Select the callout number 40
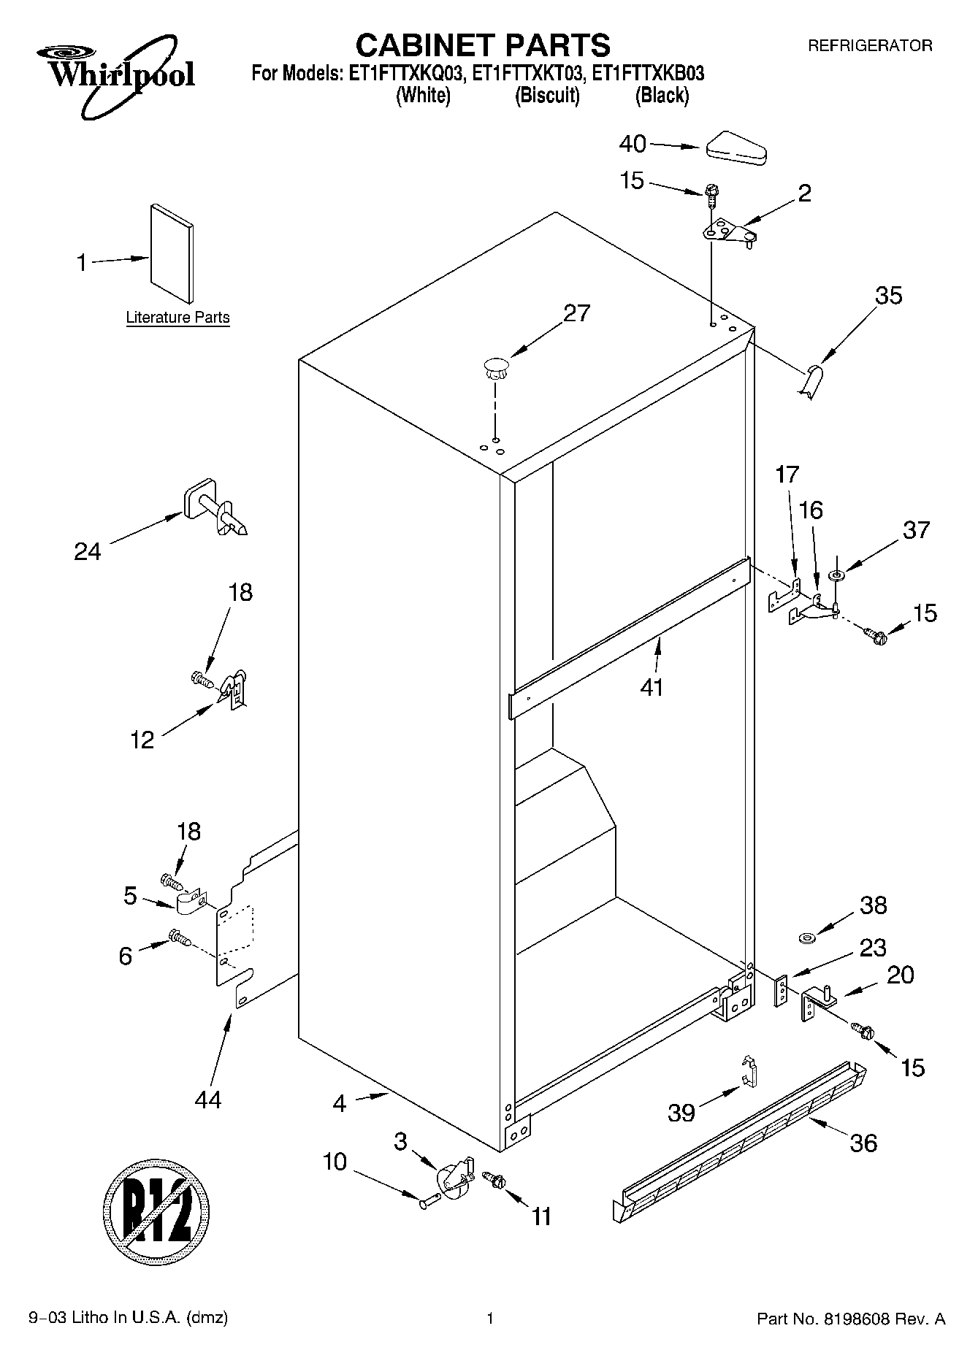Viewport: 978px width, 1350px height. point(633,144)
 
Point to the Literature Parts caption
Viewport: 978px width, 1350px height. point(177,318)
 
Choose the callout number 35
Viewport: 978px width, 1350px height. point(888,296)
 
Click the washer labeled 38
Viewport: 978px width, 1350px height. point(807,937)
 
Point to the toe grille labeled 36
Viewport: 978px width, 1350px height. point(738,1143)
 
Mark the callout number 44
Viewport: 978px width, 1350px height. point(207,1100)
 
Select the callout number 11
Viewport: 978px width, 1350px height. point(540,1216)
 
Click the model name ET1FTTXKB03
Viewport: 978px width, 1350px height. point(647,73)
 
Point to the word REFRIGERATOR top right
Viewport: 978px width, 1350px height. point(869,45)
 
